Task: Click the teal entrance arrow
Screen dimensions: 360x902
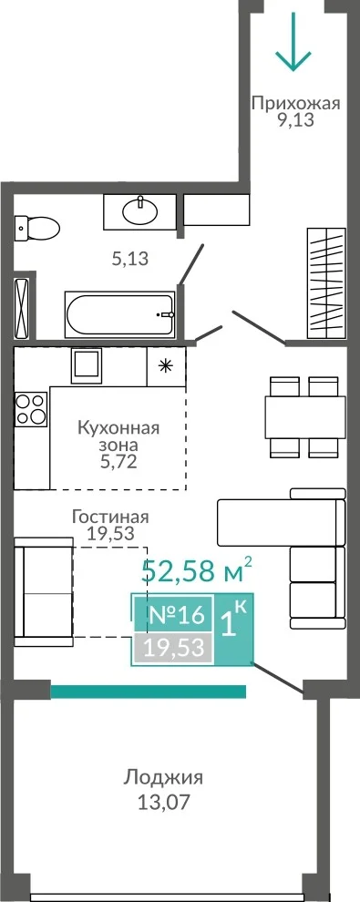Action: pos(293,40)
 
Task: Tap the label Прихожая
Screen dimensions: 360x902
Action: pos(296,104)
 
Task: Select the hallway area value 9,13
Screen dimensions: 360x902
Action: pos(296,121)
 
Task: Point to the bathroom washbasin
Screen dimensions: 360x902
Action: pos(139,210)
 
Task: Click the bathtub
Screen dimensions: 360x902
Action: pos(119,315)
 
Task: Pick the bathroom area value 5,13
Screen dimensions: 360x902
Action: pos(130,260)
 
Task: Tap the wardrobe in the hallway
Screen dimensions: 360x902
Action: pos(326,283)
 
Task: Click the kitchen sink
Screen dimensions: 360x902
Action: pos(87,365)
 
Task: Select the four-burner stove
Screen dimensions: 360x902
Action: pos(31,408)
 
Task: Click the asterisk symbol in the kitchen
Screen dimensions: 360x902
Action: pos(166,366)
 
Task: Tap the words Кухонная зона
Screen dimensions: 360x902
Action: pos(118,436)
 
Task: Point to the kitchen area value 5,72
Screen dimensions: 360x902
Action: pos(118,462)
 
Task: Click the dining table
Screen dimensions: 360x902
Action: pos(304,417)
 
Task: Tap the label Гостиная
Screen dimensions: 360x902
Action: pos(110,517)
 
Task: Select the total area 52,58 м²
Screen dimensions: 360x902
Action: pos(197,570)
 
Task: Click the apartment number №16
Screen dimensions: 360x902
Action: pos(177,615)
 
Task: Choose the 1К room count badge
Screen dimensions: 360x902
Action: pos(233,620)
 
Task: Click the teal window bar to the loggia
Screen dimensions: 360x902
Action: pos(149,691)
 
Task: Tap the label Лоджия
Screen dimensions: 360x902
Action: pos(163,778)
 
